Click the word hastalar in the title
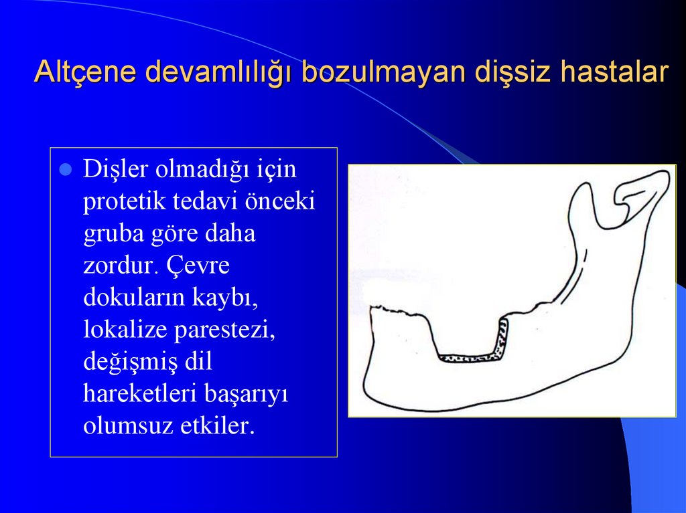tap(615, 72)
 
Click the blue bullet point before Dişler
tap(66, 171)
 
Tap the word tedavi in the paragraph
tap(202, 202)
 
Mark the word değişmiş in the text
tap(130, 363)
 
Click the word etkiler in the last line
tap(218, 426)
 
